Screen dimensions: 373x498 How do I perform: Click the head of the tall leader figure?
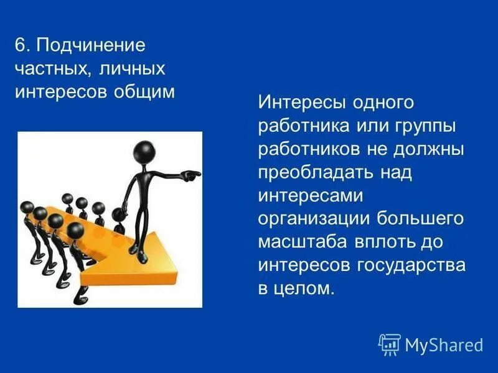(146, 152)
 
